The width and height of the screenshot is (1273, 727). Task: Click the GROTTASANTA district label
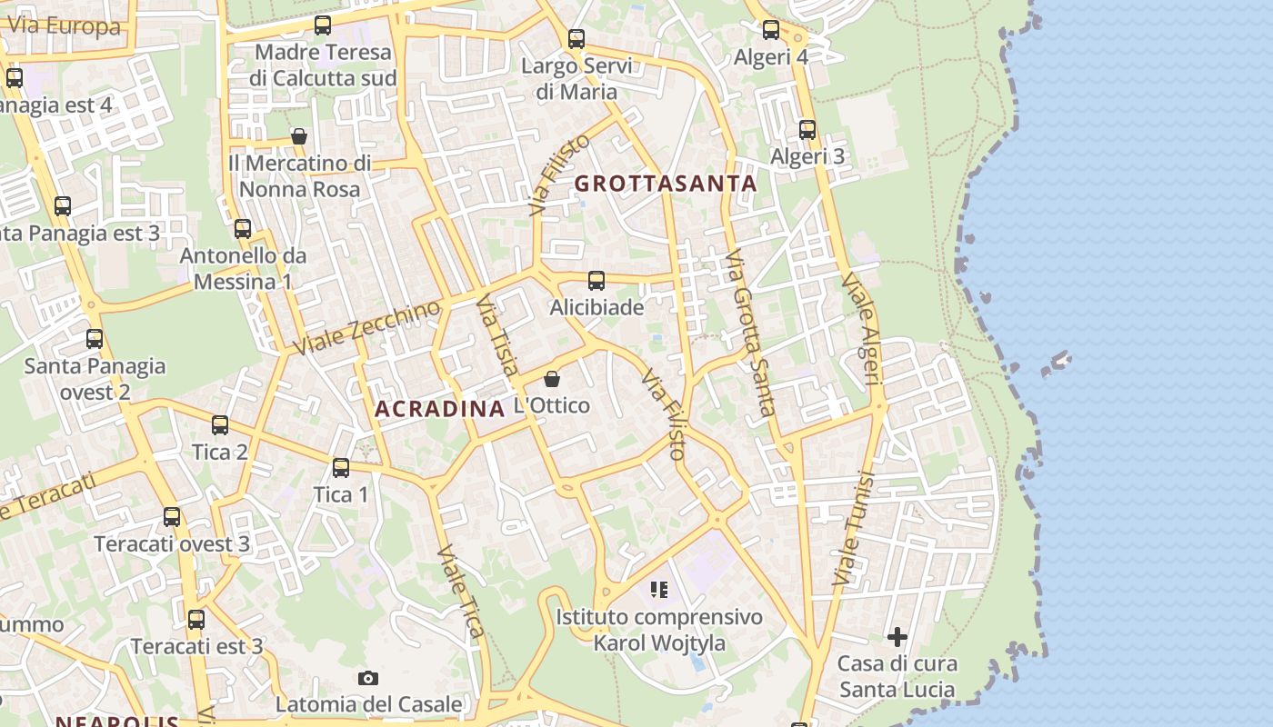coord(666,184)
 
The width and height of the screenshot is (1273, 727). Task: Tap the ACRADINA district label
coord(439,409)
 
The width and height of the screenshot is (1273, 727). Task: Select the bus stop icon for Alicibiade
coord(596,281)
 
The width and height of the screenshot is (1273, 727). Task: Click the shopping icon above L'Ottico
coord(552,379)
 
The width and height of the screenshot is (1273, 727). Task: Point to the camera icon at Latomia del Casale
coord(368,678)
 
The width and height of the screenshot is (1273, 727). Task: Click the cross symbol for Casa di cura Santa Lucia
coord(897,637)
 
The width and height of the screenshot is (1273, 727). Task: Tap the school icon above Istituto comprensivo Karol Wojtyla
coord(659,591)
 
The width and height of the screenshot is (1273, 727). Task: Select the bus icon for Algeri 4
coord(771,30)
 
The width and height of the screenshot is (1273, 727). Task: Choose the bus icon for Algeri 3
coord(807,130)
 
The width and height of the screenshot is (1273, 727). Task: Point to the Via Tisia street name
coord(497,341)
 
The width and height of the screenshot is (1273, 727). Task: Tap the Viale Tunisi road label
coord(853,527)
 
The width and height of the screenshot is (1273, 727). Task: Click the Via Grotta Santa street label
coord(751,332)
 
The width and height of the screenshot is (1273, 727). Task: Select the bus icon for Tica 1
coord(341,468)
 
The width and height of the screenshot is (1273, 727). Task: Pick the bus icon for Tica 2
coord(220,425)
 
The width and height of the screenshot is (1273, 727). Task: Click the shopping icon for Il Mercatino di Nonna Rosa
coord(299,137)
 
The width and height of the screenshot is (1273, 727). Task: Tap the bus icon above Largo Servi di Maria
coord(576,39)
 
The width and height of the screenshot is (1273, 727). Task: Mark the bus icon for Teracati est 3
coord(196,621)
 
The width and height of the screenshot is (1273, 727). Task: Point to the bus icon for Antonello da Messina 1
coord(243,229)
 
